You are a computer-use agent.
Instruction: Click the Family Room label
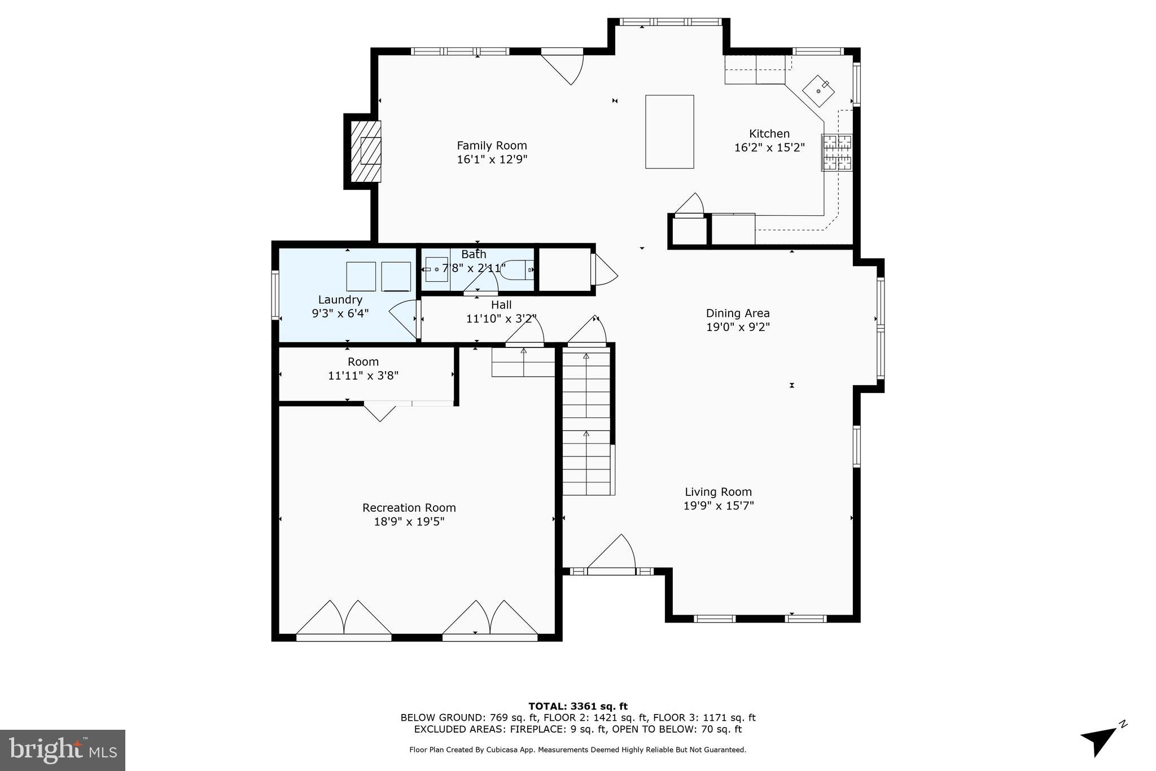(x=492, y=146)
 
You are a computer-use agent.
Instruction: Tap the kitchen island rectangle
(x=669, y=132)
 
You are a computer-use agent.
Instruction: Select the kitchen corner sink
(x=818, y=90)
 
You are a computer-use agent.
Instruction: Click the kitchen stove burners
(x=837, y=153)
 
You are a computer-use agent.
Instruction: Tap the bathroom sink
(x=436, y=269)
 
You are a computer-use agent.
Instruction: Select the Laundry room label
(x=340, y=300)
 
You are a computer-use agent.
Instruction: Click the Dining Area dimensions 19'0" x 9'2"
(x=738, y=327)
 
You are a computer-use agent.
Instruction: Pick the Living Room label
(x=718, y=492)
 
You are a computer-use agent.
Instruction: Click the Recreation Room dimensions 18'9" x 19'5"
(x=409, y=521)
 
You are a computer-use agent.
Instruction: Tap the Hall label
(x=501, y=305)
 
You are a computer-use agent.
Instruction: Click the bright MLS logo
(x=63, y=750)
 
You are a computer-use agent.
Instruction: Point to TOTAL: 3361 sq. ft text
(x=577, y=706)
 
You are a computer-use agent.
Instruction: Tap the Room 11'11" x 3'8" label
(x=363, y=362)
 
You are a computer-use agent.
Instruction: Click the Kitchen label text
(x=769, y=134)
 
